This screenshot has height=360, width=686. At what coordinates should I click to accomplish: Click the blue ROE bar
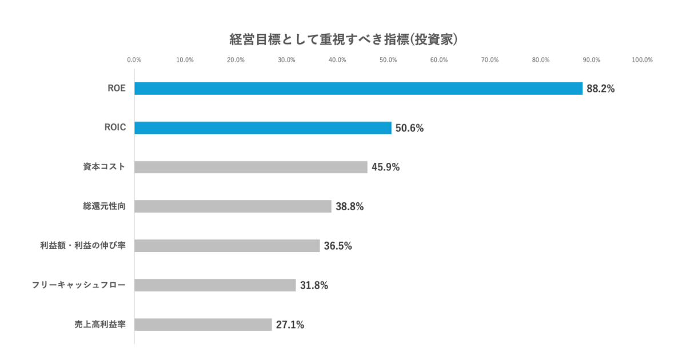(x=358, y=89)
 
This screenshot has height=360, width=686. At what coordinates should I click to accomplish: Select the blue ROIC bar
(x=263, y=128)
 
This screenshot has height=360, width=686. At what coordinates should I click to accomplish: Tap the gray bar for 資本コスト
(x=251, y=167)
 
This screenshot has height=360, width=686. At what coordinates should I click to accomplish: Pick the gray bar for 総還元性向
(x=233, y=206)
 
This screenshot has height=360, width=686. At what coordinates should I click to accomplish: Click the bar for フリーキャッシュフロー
(x=215, y=285)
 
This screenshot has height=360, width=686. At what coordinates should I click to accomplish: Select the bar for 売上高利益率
(x=203, y=325)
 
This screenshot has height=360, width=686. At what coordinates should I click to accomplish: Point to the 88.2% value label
(x=600, y=89)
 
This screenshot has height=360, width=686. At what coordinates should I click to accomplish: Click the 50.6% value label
(x=409, y=128)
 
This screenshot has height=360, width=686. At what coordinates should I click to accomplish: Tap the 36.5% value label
(x=338, y=246)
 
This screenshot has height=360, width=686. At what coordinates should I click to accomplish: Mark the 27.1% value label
(x=290, y=325)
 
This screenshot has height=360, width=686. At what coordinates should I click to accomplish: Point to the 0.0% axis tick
(x=134, y=59)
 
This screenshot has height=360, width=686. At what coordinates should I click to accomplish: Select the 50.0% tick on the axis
(x=388, y=59)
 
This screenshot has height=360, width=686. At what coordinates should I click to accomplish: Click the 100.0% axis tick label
(x=642, y=59)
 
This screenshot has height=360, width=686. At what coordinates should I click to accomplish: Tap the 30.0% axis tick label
(x=286, y=59)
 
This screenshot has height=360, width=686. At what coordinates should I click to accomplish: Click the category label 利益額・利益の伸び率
(x=83, y=246)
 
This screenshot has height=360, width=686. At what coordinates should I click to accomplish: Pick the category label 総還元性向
(x=104, y=206)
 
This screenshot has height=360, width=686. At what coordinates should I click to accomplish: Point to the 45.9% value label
(x=385, y=167)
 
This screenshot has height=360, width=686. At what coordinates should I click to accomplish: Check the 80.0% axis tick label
(x=541, y=59)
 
